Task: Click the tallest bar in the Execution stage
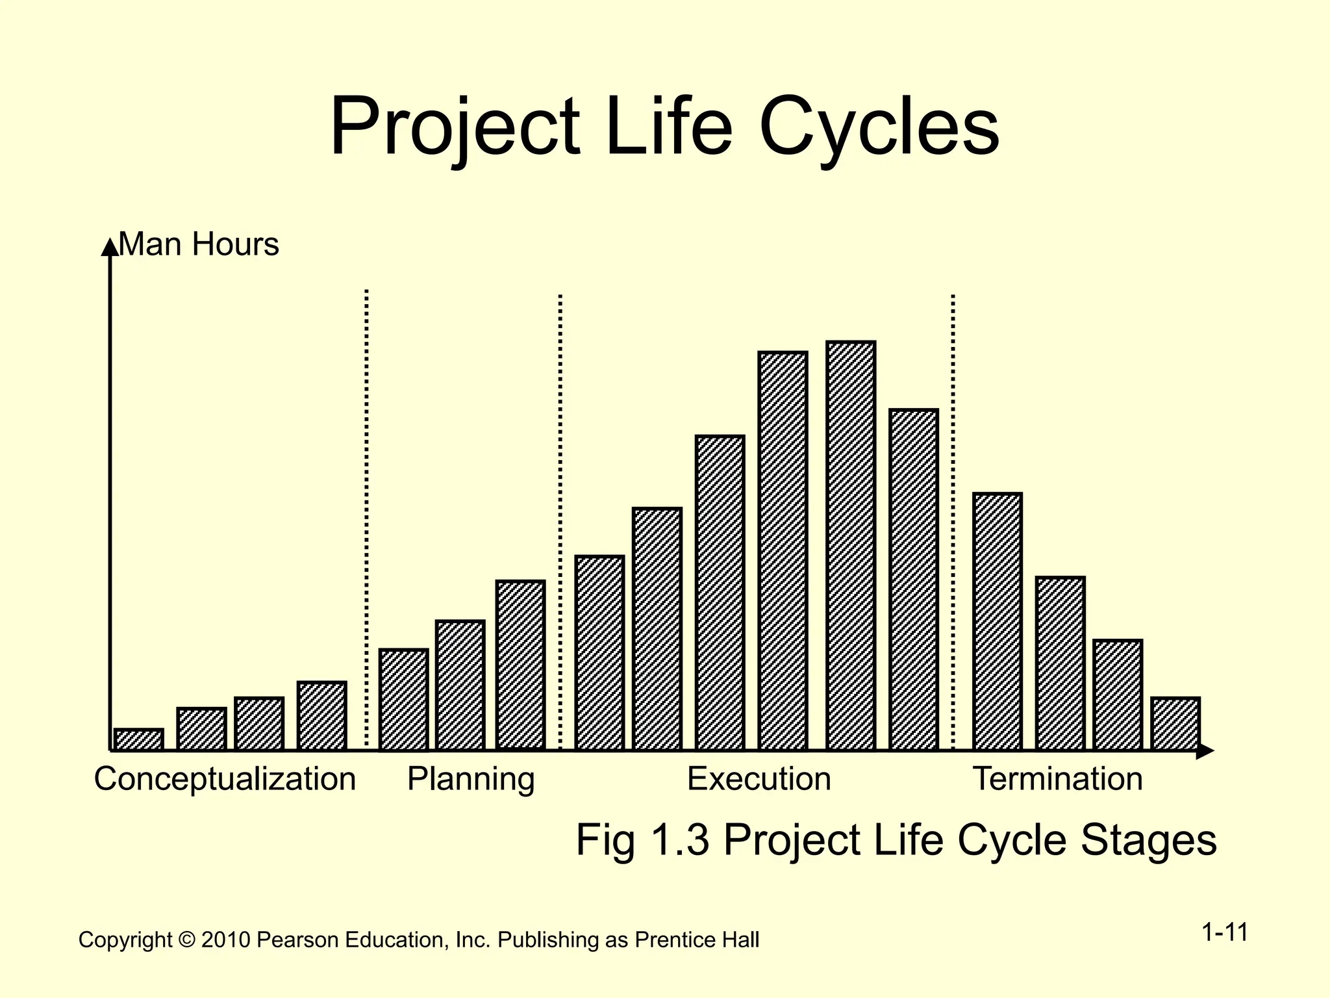coord(851,546)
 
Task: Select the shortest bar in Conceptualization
coord(138,739)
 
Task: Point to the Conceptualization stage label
coord(225,778)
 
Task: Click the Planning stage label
coord(471,778)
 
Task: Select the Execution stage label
coord(759,778)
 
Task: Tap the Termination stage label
coord(1057,778)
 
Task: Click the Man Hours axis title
coord(199,245)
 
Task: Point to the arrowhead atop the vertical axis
coord(110,247)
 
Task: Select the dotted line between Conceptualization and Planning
coord(366,520)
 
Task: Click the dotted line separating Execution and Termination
coord(953,520)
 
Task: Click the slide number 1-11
coord(1224,932)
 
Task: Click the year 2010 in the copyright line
coord(225,940)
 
